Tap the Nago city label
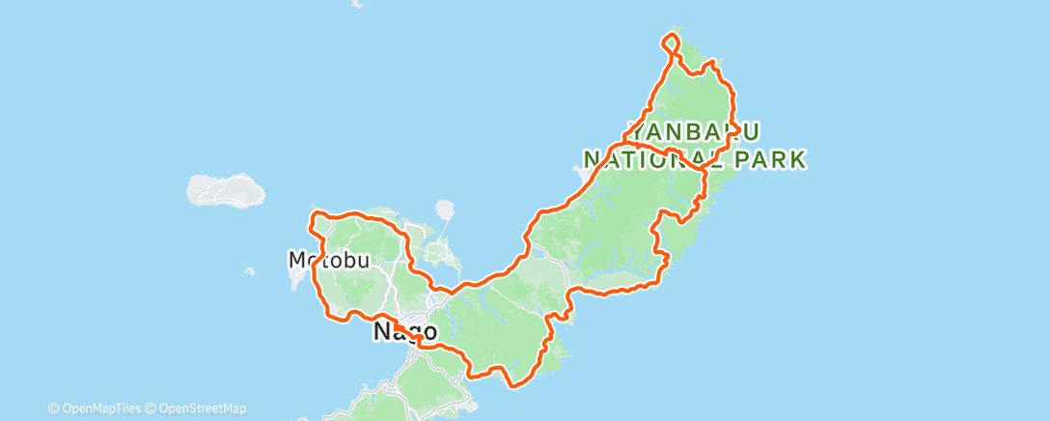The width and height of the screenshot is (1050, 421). coord(398,332)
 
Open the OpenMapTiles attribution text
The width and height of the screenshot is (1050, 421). coord(97,408)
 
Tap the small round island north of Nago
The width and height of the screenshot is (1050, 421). coord(445,209)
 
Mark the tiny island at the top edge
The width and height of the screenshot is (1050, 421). coord(357,4)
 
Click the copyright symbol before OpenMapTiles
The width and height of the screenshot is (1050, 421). coord(54,408)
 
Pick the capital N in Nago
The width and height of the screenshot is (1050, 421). coord(381,332)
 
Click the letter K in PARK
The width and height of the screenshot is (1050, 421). coord(797,158)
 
